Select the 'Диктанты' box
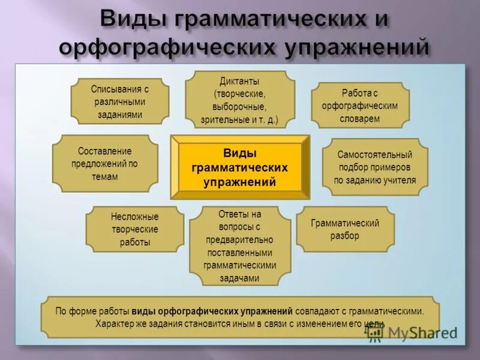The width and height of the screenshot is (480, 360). coord(239,100)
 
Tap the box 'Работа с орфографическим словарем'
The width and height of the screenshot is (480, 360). coord(361,106)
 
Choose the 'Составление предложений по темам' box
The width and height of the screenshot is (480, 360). coord(105,164)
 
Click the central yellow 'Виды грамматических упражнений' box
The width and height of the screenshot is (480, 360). coord(240,167)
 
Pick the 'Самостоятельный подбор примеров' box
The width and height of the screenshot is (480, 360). coord(375,167)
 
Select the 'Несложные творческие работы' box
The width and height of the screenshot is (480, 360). coord(134,230)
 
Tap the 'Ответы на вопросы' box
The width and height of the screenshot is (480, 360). coord(240,245)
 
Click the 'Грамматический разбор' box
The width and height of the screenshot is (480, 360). coord(345,229)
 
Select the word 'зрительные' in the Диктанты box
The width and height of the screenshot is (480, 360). coord(223,119)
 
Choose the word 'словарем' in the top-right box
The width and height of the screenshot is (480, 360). coord(360,119)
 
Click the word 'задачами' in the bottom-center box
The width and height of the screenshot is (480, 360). coord(239,278)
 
